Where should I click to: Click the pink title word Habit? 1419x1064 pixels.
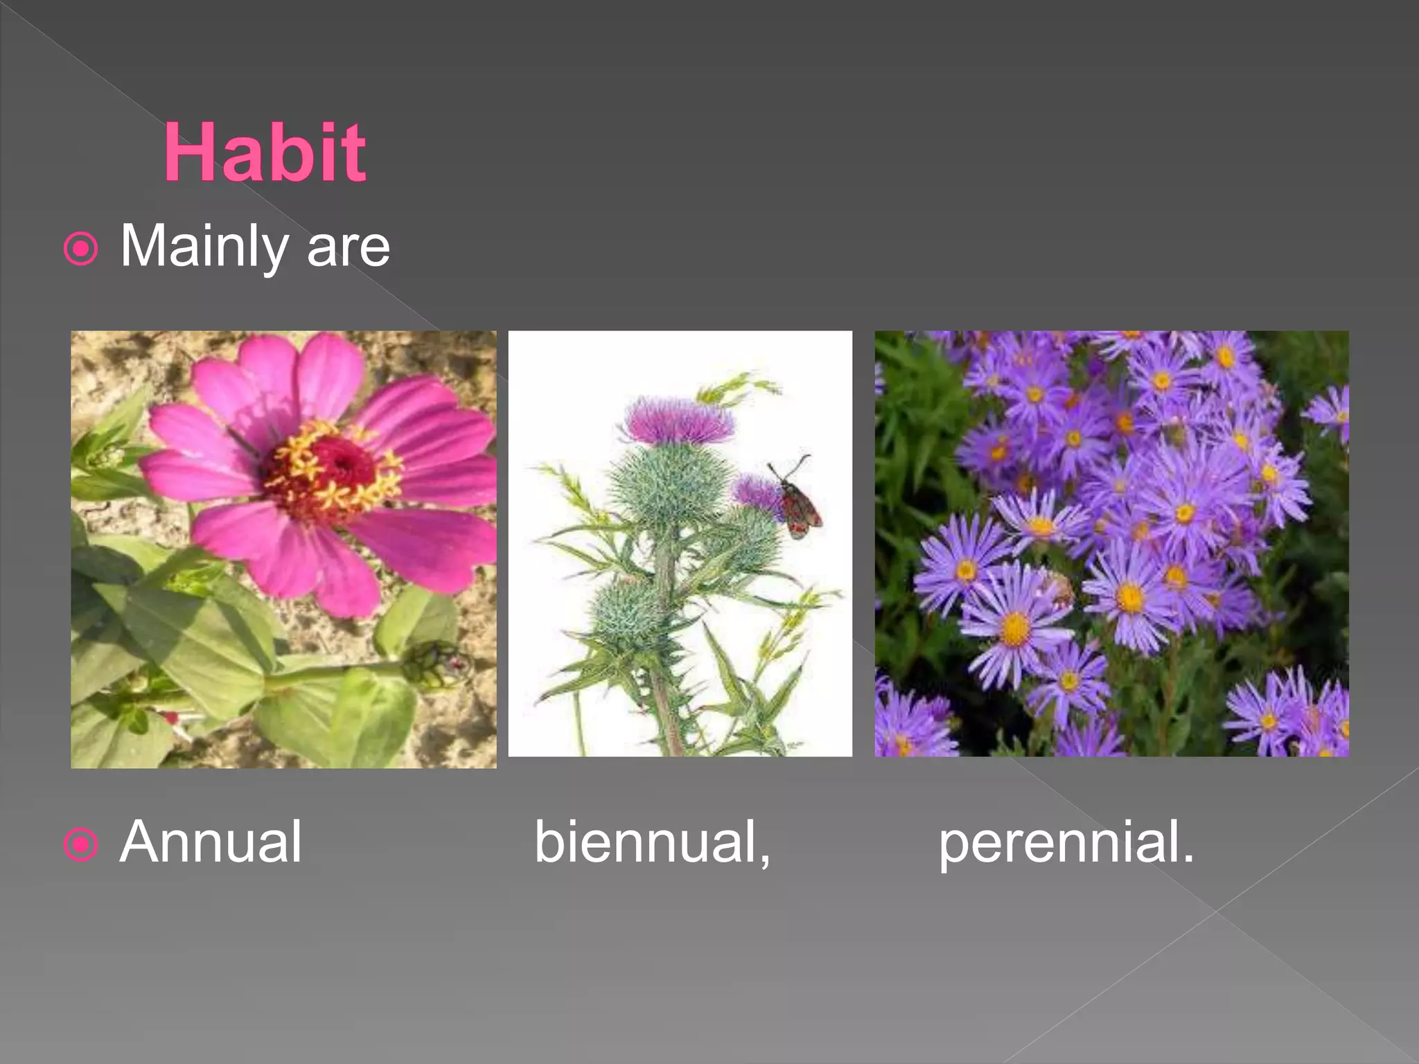pyautogui.click(x=264, y=153)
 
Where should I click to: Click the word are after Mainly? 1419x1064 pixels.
pyautogui.click(x=348, y=248)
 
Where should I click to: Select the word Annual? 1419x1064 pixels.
pyautogui.click(x=211, y=842)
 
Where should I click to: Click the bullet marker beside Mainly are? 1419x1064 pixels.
pyautogui.click(x=81, y=249)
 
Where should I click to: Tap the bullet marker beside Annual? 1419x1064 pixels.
pyautogui.click(x=81, y=844)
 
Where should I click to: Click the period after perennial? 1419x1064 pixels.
pyautogui.click(x=1188, y=859)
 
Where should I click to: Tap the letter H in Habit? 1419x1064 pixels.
pyautogui.click(x=191, y=153)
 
